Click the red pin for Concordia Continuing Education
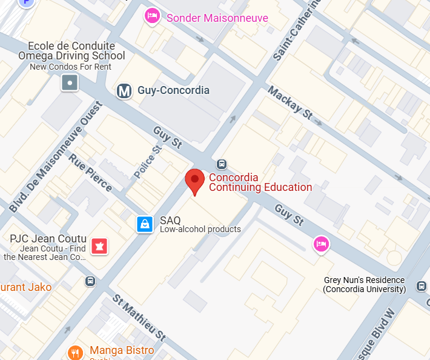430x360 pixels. pyautogui.click(x=194, y=181)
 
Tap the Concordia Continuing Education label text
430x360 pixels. pyautogui.click(x=260, y=182)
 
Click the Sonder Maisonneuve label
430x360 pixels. pyautogui.click(x=217, y=18)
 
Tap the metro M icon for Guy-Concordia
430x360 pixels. pyautogui.click(x=124, y=91)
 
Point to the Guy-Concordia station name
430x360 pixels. pyautogui.click(x=173, y=90)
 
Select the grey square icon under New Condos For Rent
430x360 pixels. pyautogui.click(x=70, y=82)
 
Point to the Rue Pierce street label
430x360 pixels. pyautogui.click(x=90, y=173)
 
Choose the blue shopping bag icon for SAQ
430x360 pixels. pyautogui.click(x=145, y=224)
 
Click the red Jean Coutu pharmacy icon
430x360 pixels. pyautogui.click(x=99, y=246)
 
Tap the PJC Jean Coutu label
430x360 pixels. pyautogui.click(x=48, y=239)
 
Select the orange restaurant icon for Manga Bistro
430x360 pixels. pyautogui.click(x=75, y=352)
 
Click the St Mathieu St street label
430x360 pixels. pyautogui.click(x=139, y=318)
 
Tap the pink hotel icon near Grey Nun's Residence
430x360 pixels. pyautogui.click(x=321, y=244)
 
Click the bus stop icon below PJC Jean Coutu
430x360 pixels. pyautogui.click(x=91, y=281)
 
